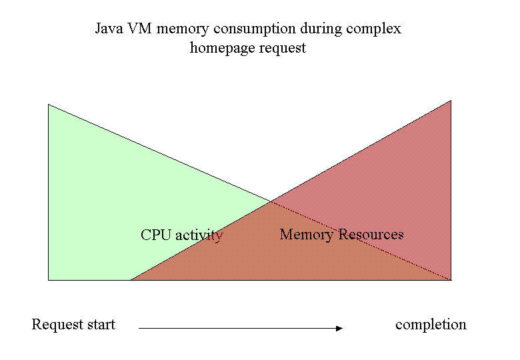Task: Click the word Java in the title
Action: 109,29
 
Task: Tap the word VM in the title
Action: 139,29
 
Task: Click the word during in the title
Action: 321,29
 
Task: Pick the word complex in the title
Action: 374,29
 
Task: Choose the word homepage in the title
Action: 222,49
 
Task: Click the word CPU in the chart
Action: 156,235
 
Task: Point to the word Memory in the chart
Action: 307,235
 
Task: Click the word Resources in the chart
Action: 371,235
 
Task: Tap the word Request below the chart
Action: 58,325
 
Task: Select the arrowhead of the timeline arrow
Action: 339,328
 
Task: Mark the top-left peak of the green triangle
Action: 49,105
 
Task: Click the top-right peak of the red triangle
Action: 451,100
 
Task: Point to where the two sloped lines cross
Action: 271,201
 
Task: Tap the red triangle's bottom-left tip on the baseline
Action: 131,280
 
